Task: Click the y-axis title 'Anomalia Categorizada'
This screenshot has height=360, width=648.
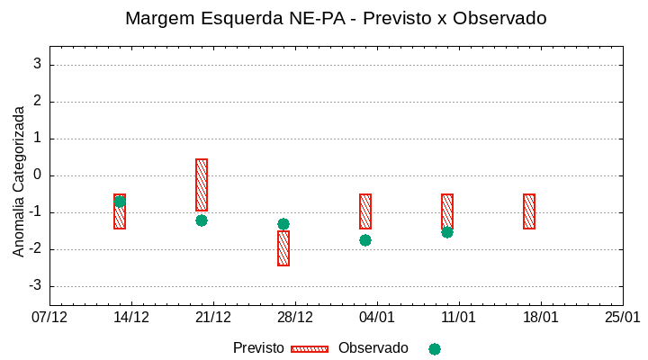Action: [19, 181]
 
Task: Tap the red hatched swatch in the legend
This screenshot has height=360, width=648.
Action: [310, 348]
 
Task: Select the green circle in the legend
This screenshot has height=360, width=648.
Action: [435, 348]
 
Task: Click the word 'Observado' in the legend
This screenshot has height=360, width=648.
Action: [373, 348]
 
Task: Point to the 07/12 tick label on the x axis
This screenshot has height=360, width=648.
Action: [49, 317]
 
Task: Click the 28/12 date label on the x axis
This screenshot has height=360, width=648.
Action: [295, 317]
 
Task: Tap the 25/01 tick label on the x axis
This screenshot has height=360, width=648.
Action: [622, 317]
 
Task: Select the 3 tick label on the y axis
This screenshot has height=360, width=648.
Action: [38, 65]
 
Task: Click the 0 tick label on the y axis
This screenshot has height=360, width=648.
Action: [38, 175]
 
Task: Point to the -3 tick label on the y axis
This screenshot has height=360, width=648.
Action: [34, 286]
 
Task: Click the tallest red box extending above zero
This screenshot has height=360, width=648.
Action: [202, 184]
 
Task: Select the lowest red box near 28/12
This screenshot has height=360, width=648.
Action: [283, 248]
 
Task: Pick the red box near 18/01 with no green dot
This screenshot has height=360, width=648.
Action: [529, 211]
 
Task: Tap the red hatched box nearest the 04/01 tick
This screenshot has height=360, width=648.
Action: [365, 211]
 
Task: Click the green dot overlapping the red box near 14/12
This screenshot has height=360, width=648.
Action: [120, 201]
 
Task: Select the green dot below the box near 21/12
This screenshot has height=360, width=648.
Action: [202, 220]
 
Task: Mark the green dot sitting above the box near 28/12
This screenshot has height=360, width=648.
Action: [283, 224]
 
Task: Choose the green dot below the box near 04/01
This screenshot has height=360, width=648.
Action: [365, 240]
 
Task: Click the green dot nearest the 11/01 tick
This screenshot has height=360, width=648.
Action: [447, 232]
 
